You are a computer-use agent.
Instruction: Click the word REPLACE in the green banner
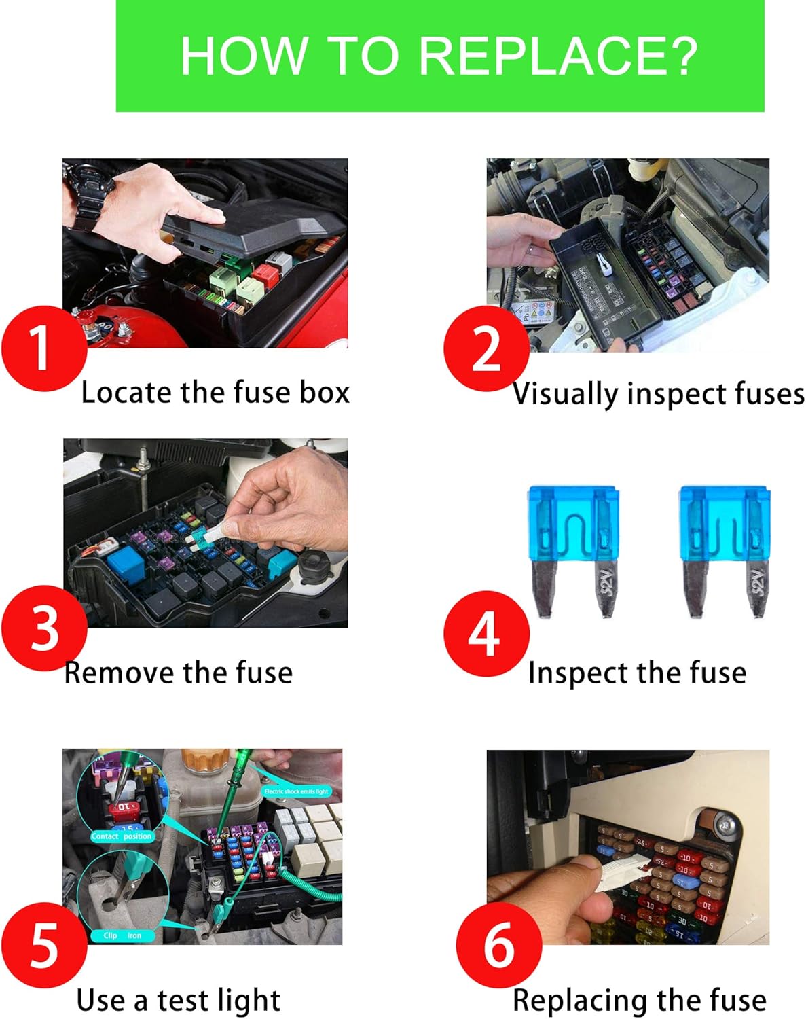(x=557, y=55)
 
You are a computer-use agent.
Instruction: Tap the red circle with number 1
(x=44, y=348)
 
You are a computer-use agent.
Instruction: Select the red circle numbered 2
(x=486, y=348)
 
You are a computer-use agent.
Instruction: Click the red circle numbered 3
(x=44, y=628)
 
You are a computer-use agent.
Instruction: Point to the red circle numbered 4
(x=486, y=633)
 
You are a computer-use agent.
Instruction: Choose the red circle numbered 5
(x=44, y=945)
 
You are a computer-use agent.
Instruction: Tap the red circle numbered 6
(x=498, y=945)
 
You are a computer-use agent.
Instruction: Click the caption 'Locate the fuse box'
(x=215, y=393)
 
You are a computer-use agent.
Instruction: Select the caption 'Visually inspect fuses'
(x=658, y=394)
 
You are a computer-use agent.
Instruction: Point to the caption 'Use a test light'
(x=178, y=1000)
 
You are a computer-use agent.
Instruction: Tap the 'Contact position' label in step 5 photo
(x=122, y=836)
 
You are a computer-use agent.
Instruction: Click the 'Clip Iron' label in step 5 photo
(x=122, y=935)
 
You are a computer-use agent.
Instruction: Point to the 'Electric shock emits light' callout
(x=296, y=791)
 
